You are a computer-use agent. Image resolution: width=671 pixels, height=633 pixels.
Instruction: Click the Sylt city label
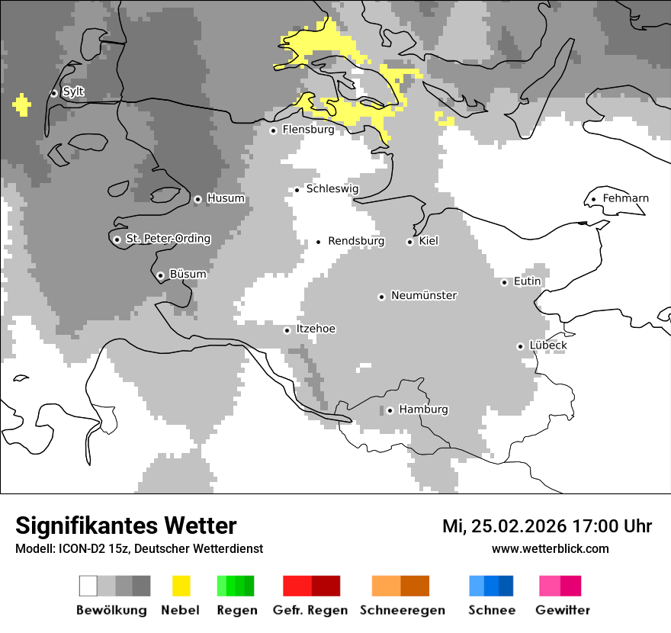tap(73, 92)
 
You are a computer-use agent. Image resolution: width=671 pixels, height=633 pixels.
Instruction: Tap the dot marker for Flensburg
tap(273, 130)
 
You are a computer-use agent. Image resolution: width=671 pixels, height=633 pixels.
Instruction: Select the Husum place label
tap(226, 199)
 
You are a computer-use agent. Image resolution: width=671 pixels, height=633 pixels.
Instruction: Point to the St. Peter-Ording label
tap(168, 239)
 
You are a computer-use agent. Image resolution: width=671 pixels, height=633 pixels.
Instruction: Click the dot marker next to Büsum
tap(160, 275)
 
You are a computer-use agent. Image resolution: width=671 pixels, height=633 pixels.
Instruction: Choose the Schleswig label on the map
tap(332, 189)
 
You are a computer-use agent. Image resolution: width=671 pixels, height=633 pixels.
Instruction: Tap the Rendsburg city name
tap(356, 241)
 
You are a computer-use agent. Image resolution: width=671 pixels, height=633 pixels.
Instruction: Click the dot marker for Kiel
tap(409, 242)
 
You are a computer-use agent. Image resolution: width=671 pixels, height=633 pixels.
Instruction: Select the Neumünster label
tap(424, 296)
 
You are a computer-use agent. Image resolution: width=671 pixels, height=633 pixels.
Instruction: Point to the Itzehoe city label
tap(316, 329)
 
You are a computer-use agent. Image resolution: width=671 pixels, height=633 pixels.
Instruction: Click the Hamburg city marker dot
tap(390, 410)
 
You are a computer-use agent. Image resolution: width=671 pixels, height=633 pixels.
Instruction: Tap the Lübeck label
tap(548, 345)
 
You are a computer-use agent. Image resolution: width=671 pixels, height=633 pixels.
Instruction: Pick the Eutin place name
tap(527, 281)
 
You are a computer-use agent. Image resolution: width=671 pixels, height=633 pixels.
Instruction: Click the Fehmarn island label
tap(625, 198)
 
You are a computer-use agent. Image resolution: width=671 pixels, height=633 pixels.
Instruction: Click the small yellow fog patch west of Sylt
tap(22, 104)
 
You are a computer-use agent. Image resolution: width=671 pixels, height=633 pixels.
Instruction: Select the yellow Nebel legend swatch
tap(181, 586)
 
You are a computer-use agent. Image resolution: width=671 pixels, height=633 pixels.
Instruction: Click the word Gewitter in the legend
tap(563, 610)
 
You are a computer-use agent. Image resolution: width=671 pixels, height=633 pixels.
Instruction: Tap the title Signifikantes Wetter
tap(126, 526)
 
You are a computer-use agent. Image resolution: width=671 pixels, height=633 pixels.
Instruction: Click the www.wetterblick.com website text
tap(550, 549)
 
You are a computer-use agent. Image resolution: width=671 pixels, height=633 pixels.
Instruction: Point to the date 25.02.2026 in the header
tap(519, 526)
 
